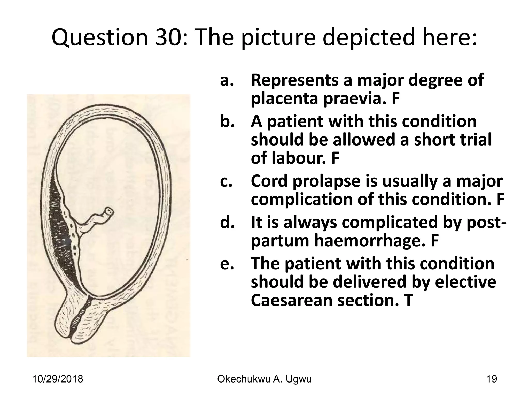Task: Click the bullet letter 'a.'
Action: tap(227, 80)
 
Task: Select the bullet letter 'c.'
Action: tap(227, 181)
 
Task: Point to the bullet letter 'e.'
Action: tap(227, 264)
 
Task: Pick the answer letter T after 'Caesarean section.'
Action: tap(406, 301)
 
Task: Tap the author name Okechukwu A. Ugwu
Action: tap(264, 379)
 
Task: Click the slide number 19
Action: tap(491, 379)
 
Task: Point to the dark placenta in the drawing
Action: tap(62, 233)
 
